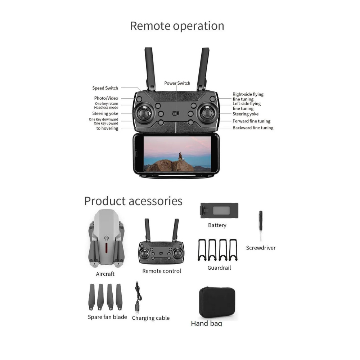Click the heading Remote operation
(x=177, y=26)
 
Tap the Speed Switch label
(x=105, y=88)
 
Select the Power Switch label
(x=177, y=83)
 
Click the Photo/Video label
(x=106, y=98)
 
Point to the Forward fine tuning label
(x=251, y=121)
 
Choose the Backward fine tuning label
(x=253, y=128)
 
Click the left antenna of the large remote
(x=150, y=68)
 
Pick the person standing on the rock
(x=180, y=156)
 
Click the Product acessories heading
(x=133, y=201)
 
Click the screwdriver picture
(x=261, y=226)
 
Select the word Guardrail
(x=219, y=268)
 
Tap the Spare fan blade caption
(x=107, y=317)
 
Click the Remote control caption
(x=162, y=271)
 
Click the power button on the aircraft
(x=106, y=238)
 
